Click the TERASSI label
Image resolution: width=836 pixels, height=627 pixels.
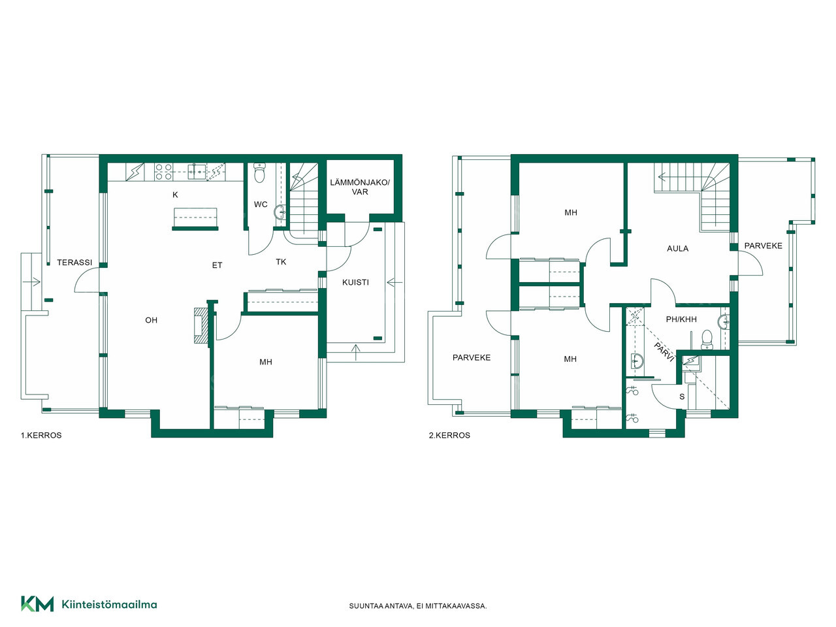74,263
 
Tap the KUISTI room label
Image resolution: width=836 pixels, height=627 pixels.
355,282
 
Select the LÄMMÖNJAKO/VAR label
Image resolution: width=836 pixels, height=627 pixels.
360,187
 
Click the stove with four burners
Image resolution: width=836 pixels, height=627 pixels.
163,172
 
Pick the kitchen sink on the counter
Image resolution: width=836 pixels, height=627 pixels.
197,172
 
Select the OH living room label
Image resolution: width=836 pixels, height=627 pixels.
152,320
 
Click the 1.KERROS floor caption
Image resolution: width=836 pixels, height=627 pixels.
41,435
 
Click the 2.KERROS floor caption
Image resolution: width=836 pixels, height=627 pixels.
449,435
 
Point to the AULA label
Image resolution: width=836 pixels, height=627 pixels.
677,249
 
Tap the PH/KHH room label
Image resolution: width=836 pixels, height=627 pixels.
681,319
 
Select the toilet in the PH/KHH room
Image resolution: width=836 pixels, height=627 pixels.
707,340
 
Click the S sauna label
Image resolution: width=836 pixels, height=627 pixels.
682,396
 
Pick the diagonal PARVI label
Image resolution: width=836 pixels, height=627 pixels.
664,352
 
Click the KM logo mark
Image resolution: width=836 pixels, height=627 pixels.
37,603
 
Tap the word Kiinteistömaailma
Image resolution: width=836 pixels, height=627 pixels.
109,604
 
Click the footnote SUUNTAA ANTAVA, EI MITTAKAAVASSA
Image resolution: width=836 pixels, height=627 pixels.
418,606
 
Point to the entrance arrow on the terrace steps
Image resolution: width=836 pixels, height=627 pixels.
31,282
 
